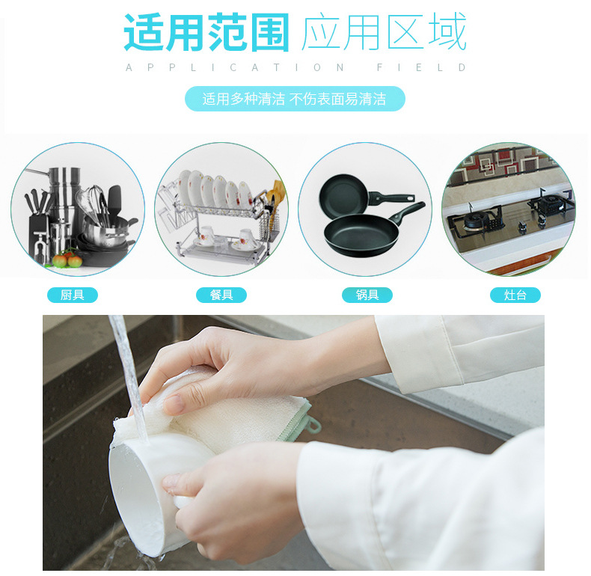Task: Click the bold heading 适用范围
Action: point(206,33)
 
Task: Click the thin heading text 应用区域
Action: point(384,33)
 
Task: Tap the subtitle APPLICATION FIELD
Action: point(295,68)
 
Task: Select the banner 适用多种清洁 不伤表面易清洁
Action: point(295,99)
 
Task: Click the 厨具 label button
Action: point(73,295)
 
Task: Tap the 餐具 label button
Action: point(221,295)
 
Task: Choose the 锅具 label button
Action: point(367,295)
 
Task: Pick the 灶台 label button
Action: point(515,295)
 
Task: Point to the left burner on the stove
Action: point(473,220)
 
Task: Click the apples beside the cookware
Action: point(67,260)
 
